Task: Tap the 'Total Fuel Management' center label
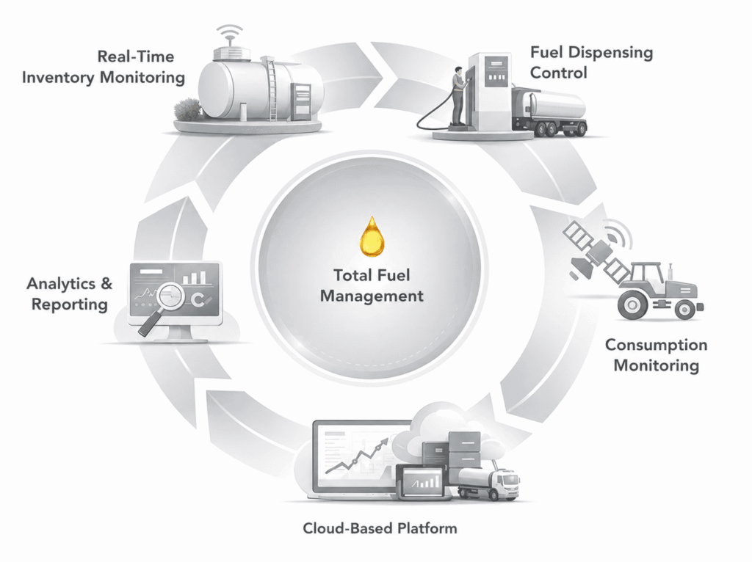click(372, 285)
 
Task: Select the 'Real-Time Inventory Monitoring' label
click(104, 67)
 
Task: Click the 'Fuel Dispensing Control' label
click(591, 62)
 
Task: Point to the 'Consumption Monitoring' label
click(656, 355)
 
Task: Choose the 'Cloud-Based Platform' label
click(380, 528)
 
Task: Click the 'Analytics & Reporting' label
click(70, 293)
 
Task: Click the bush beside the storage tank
click(188, 109)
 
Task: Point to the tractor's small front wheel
click(685, 310)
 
